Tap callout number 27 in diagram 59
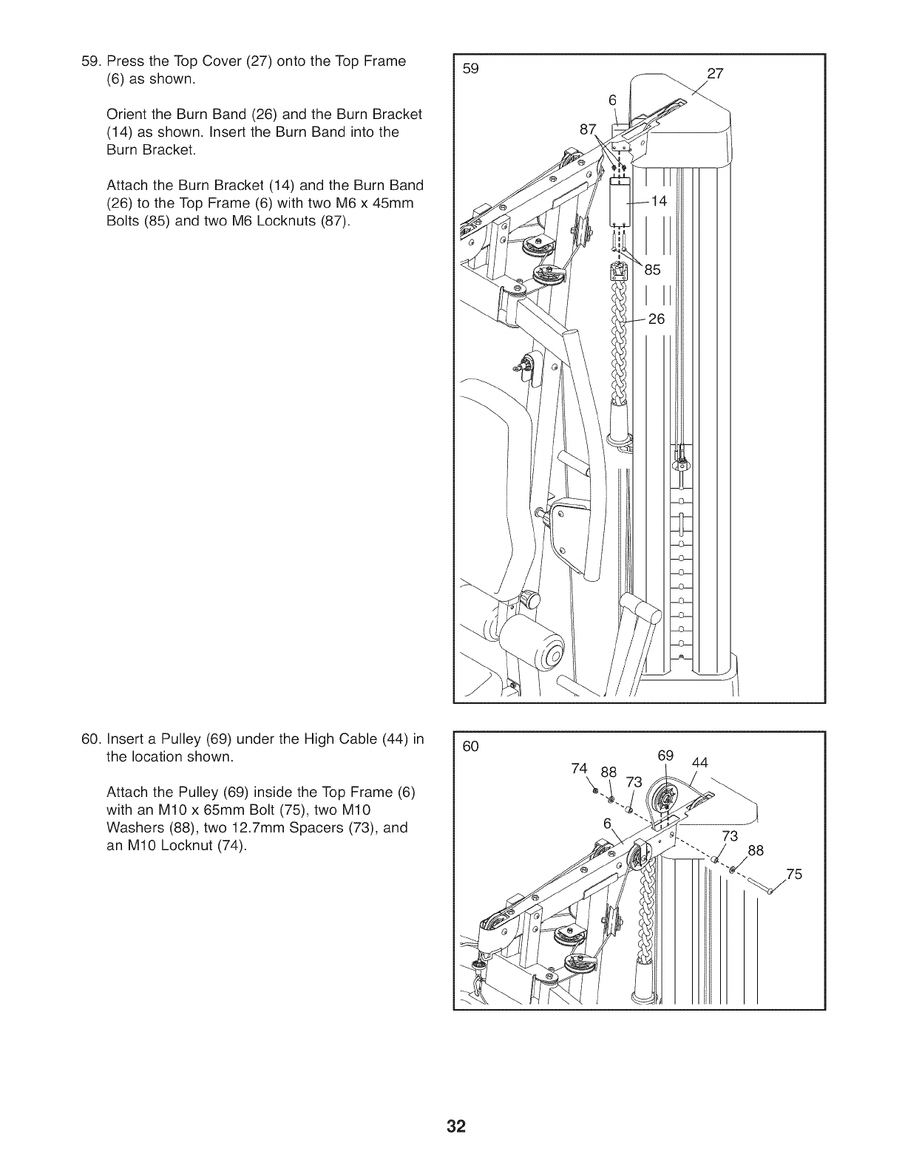715,73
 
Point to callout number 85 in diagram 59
653,271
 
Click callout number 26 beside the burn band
657,319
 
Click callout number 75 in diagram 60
794,875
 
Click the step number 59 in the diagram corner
470,69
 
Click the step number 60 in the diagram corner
471,747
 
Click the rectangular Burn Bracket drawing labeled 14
619,203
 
